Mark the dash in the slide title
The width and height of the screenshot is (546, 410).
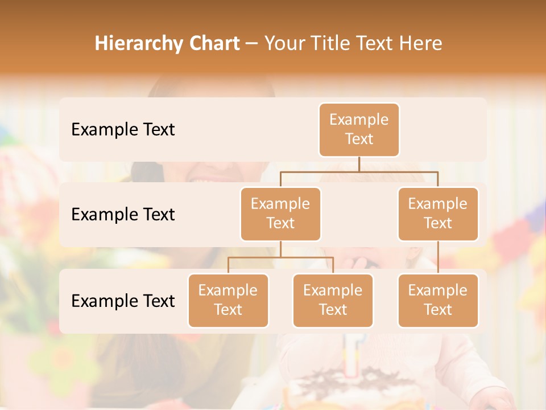(x=251, y=44)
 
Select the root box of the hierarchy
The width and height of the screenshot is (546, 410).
(x=359, y=129)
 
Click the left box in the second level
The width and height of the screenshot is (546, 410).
(x=280, y=214)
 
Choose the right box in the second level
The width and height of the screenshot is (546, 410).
(x=438, y=214)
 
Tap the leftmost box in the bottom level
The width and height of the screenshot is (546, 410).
(x=228, y=300)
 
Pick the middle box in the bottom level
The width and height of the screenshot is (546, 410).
(x=333, y=300)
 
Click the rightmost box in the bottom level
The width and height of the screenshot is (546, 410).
(x=438, y=300)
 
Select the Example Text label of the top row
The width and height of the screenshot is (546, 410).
(x=123, y=129)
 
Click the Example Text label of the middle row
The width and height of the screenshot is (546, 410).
(x=123, y=214)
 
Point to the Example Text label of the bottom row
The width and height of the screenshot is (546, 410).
(x=123, y=301)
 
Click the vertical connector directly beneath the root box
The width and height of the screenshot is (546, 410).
(x=359, y=164)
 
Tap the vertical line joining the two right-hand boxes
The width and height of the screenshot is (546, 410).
(x=438, y=257)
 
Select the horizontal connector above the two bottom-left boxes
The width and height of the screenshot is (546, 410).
(x=280, y=257)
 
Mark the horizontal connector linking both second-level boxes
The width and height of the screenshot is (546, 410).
(x=359, y=171)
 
